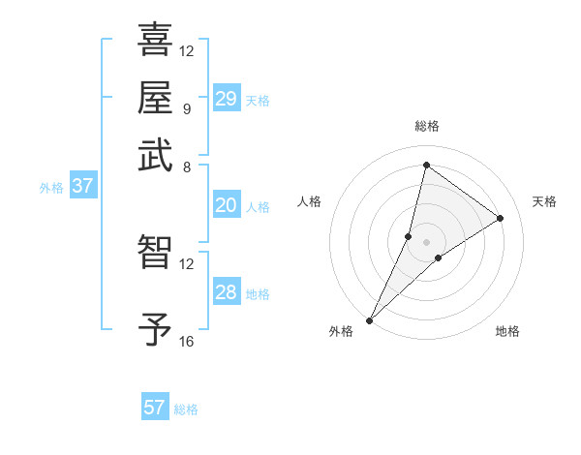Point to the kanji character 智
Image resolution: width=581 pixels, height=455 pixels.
(155, 252)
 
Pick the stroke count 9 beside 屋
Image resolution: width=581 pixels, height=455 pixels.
(186, 108)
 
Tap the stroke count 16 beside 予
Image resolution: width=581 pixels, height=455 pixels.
(187, 342)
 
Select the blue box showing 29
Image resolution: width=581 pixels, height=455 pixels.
(227, 99)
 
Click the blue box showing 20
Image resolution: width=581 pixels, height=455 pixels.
(227, 205)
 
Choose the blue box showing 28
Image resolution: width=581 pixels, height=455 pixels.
(227, 292)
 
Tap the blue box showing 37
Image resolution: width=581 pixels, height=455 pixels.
(82, 186)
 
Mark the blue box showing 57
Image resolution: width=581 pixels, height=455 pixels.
(155, 408)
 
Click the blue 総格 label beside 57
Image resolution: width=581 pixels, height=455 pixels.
(186, 409)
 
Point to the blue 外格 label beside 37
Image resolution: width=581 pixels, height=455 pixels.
(51, 188)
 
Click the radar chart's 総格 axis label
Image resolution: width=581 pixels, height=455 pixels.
(426, 126)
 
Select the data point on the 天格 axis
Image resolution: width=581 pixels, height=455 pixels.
(501, 218)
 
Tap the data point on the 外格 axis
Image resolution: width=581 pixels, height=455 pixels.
(370, 319)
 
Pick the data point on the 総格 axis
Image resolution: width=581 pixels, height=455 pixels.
(426, 166)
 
